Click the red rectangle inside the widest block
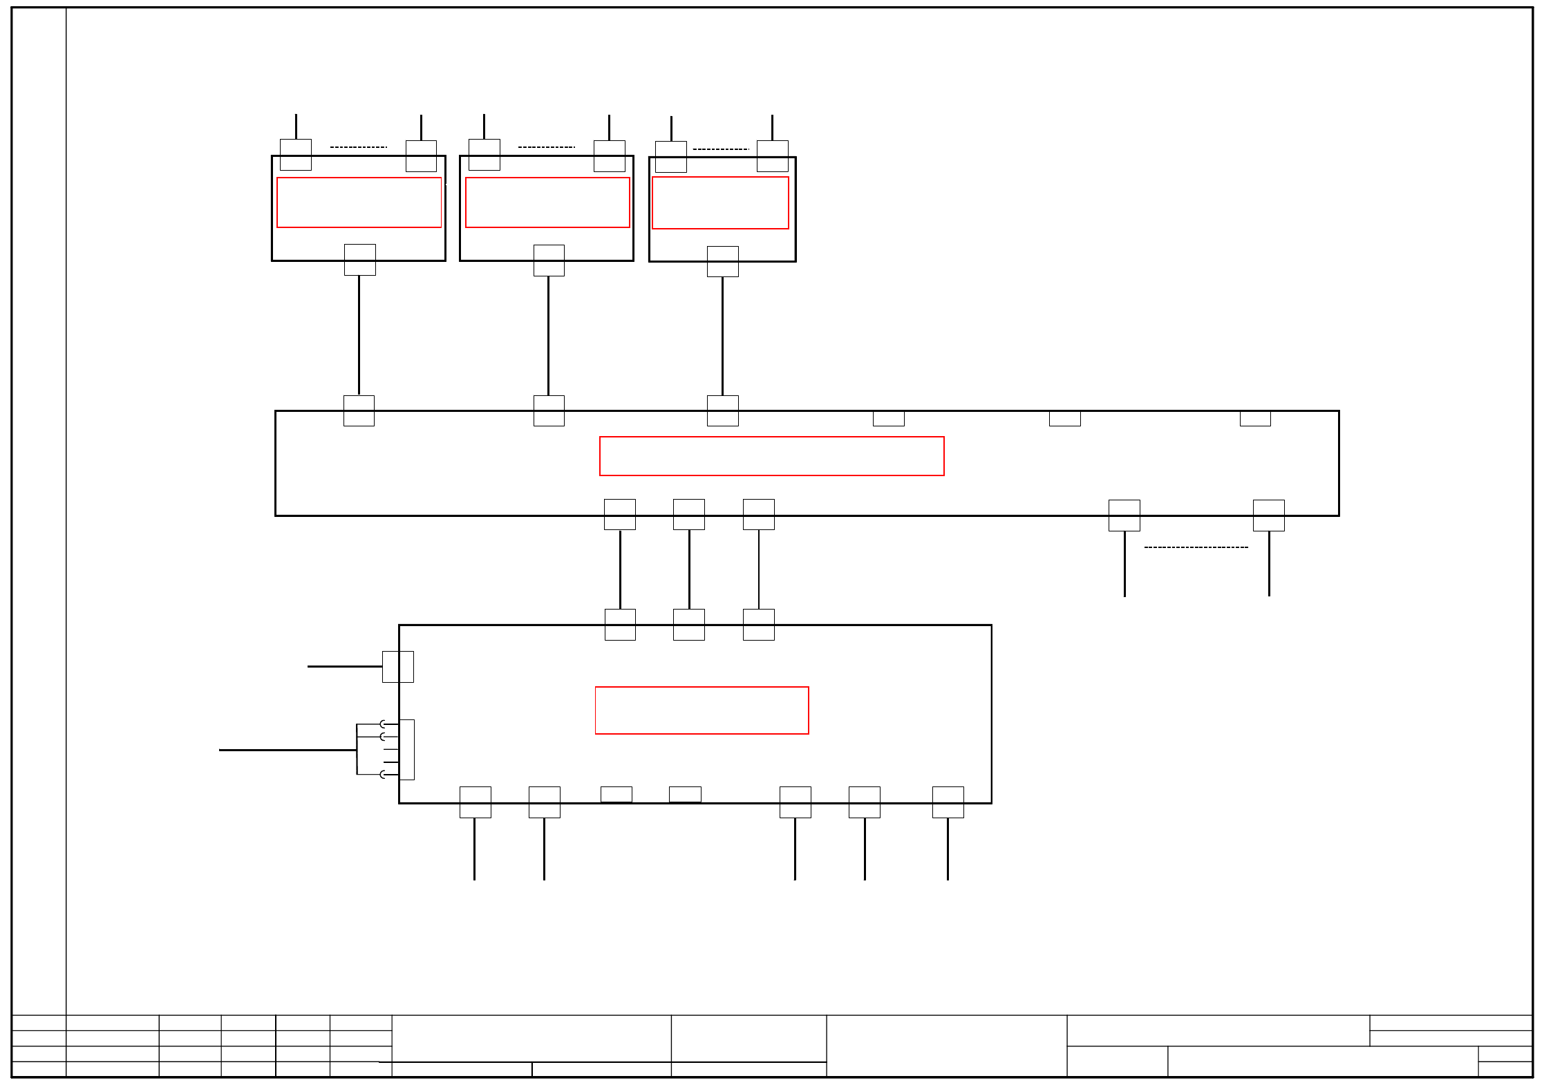coord(771,456)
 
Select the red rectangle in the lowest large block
coord(702,710)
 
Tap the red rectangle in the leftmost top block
coord(359,202)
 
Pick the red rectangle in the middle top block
coord(547,202)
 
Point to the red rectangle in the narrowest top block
coord(720,202)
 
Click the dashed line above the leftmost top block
coord(358,147)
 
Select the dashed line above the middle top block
coord(546,147)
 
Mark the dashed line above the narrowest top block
coord(720,149)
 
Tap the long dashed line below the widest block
coord(1196,547)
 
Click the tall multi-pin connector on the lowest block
coord(407,750)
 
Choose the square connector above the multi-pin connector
coord(398,667)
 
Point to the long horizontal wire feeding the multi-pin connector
coord(288,750)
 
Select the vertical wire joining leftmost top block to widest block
coord(359,335)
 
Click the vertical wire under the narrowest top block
coord(722,336)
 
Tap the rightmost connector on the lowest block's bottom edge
coord(948,802)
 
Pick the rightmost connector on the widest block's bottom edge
coord(1268,516)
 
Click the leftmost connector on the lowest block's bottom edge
coord(475,802)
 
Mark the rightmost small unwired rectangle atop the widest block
coord(1254,419)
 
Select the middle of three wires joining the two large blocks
coord(689,569)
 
